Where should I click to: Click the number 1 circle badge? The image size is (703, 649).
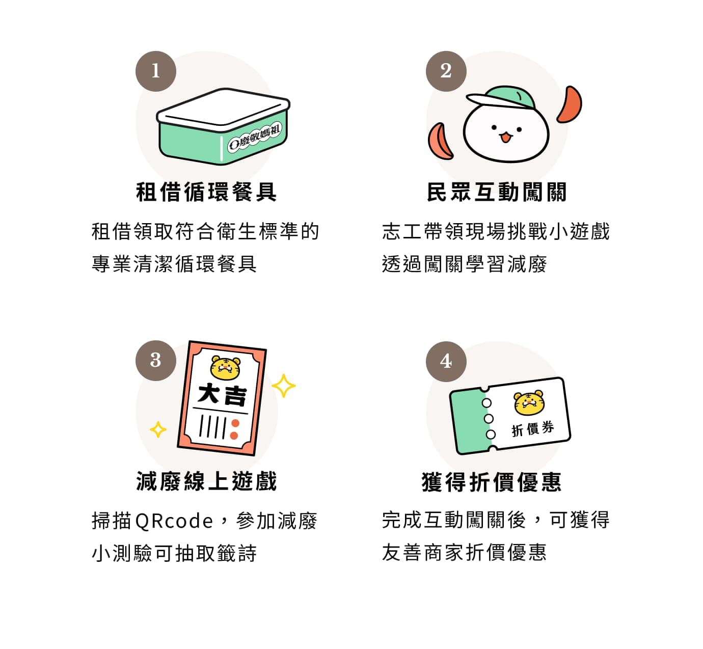click(x=155, y=71)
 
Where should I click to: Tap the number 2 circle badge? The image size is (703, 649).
click(x=446, y=71)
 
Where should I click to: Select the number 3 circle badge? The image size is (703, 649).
click(x=155, y=361)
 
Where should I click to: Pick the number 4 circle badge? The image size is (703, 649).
click(x=446, y=361)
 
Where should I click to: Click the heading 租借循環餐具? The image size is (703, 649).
click(x=206, y=192)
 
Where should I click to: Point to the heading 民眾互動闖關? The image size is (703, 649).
click(x=497, y=192)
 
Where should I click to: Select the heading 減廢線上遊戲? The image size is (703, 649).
click(x=206, y=481)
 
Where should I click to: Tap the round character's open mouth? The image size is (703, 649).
click(x=505, y=137)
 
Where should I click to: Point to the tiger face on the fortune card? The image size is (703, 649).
click(x=225, y=367)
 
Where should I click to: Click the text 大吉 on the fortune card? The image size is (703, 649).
click(x=222, y=395)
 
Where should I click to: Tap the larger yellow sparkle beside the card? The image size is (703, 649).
click(x=284, y=386)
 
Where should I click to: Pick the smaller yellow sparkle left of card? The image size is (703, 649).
click(x=158, y=429)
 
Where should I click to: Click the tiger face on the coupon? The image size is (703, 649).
click(x=529, y=402)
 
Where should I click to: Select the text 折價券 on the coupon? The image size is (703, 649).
click(x=532, y=429)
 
